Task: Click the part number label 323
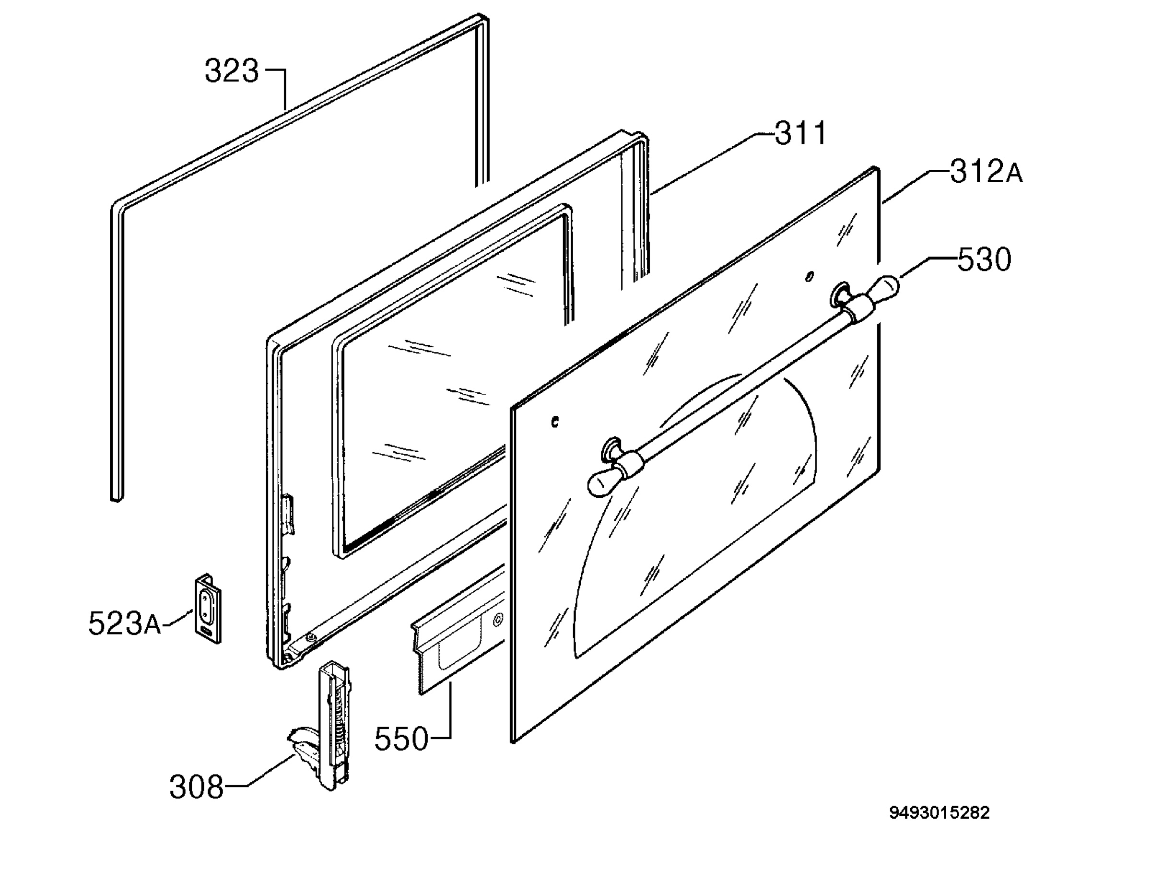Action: point(232,71)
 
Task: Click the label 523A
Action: point(125,623)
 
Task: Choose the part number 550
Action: point(401,739)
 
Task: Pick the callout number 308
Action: point(197,787)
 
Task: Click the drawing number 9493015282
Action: point(939,813)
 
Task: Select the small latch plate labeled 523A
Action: point(208,609)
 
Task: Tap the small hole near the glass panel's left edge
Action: point(555,422)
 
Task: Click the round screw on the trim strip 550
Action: point(498,619)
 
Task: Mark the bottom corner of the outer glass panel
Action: point(514,741)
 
